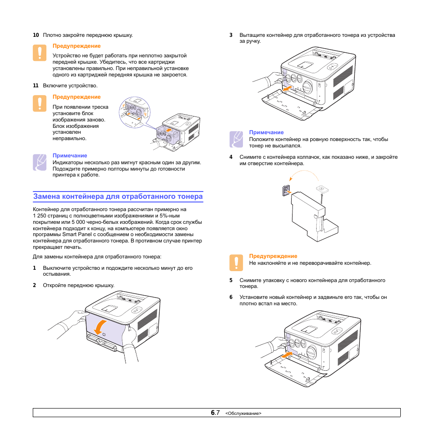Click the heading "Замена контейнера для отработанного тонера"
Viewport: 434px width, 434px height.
[118, 197]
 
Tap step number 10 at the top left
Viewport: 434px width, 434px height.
[35, 35]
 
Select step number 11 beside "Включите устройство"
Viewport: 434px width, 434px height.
[35, 86]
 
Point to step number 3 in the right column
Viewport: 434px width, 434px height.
[231, 35]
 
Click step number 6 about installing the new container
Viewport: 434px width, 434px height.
[231, 298]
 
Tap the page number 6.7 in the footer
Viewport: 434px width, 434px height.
[215, 413]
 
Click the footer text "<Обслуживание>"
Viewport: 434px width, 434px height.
[243, 414]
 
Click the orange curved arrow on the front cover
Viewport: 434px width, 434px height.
[101, 326]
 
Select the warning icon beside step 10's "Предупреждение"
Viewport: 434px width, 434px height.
[40, 53]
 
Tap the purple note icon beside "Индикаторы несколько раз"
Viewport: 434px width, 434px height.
[40, 162]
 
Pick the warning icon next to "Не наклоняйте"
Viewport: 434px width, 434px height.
[236, 262]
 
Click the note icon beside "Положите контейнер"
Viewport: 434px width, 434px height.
[236, 139]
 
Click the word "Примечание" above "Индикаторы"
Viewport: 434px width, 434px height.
[70, 156]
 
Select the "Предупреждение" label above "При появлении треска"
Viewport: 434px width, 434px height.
[76, 97]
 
